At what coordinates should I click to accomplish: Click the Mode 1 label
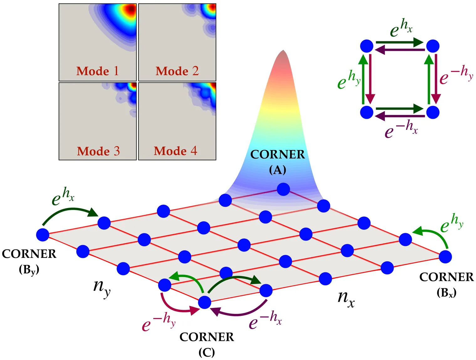(x=97, y=71)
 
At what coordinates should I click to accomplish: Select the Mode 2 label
(x=177, y=71)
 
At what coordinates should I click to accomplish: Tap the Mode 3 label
(x=98, y=151)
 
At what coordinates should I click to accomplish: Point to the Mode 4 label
(x=175, y=151)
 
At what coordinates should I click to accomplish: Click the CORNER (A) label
(x=277, y=162)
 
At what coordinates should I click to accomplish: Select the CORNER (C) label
(x=207, y=344)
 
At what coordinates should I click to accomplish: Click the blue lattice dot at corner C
(x=205, y=302)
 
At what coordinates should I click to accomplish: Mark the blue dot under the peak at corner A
(x=283, y=189)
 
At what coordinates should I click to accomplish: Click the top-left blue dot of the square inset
(x=367, y=46)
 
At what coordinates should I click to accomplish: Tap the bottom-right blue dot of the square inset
(x=433, y=112)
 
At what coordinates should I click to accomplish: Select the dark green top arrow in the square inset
(x=400, y=42)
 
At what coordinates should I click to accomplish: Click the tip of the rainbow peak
(x=283, y=51)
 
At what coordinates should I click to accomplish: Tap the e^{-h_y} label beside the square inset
(x=456, y=75)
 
